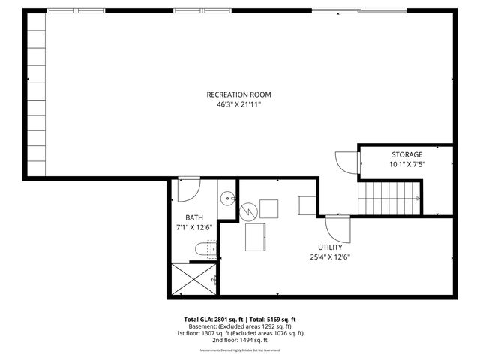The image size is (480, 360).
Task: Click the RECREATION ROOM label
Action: [238, 94]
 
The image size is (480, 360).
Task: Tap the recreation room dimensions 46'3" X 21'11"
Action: [238, 105]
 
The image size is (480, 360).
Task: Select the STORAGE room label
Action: [406, 154]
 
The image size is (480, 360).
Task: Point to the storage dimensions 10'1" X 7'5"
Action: [406, 164]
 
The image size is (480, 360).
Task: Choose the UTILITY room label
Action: [330, 247]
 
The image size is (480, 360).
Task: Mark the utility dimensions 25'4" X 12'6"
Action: [330, 256]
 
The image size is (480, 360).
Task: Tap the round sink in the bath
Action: [228, 199]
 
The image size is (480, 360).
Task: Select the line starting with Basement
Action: [239, 325]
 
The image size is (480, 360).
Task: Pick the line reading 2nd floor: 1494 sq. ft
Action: [239, 340]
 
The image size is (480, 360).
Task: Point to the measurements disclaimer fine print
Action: [239, 350]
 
